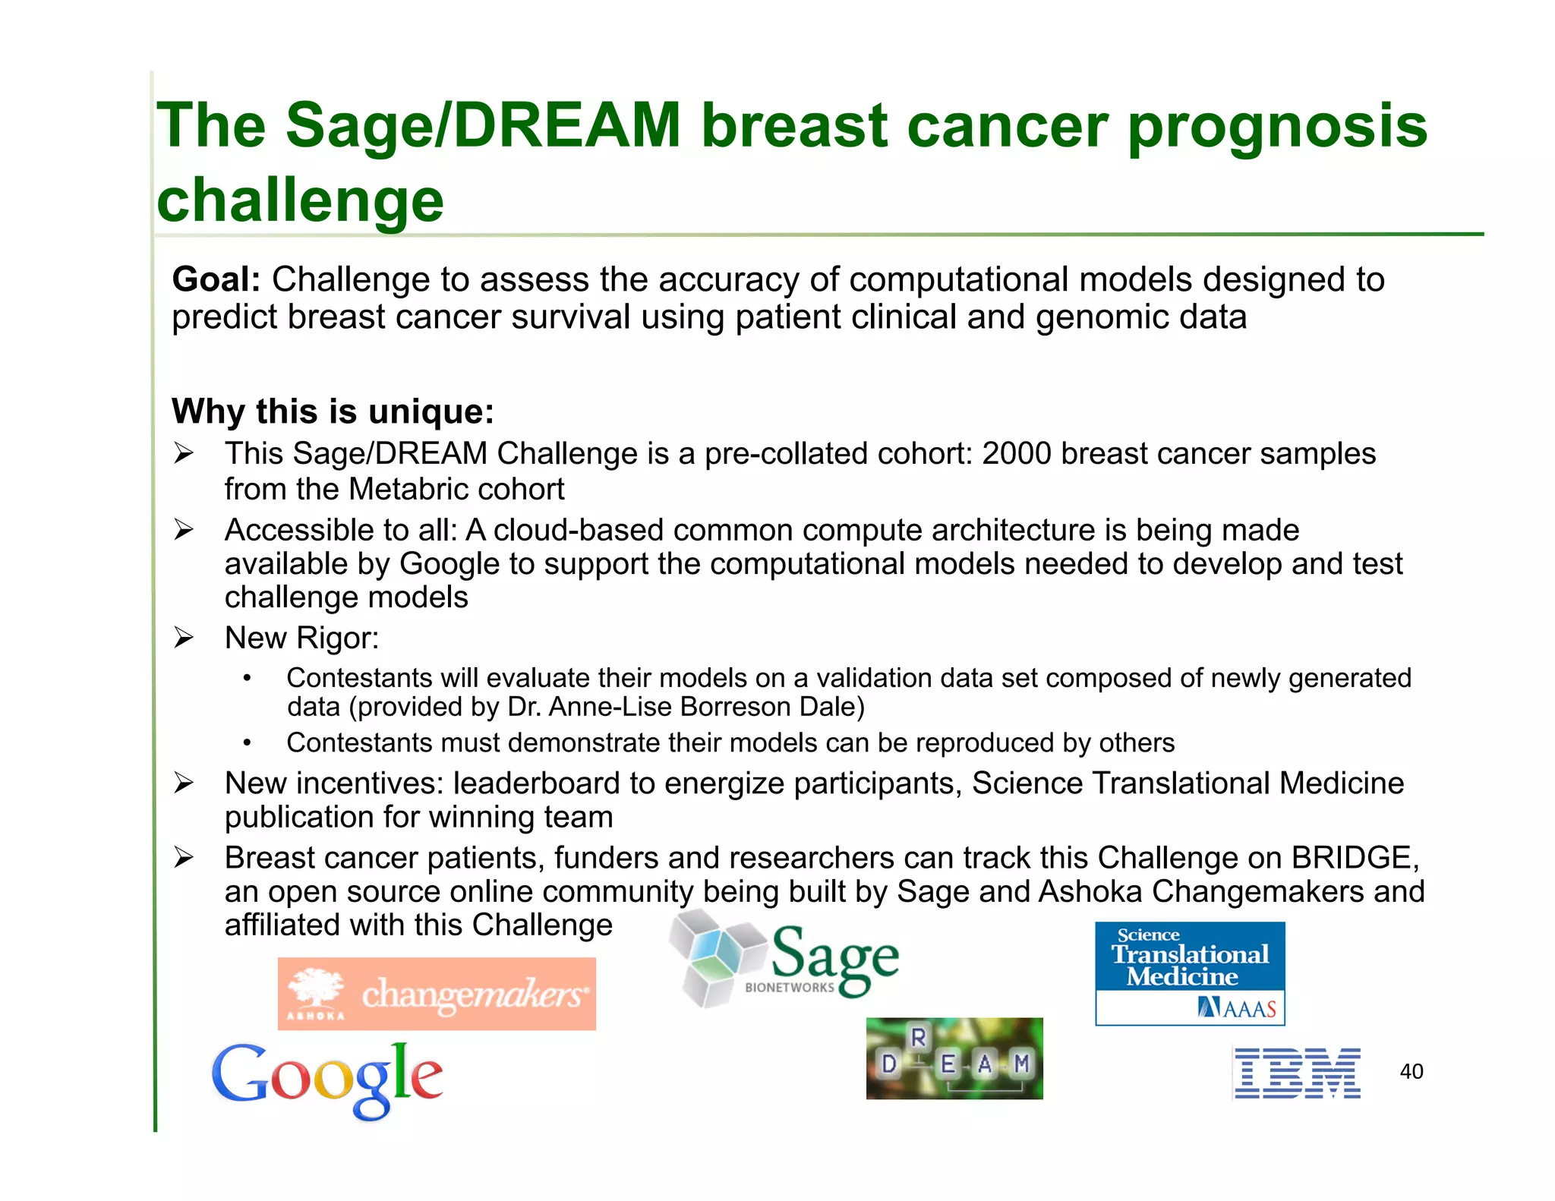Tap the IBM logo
click(1297, 1073)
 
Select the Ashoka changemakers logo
click(437, 993)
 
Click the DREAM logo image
click(954, 1058)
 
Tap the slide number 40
click(1411, 1071)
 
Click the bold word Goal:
click(216, 279)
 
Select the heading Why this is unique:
click(333, 411)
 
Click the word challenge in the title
click(300, 200)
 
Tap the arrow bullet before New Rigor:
click(183, 638)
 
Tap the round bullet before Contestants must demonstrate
click(247, 743)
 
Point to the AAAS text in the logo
click(1249, 1009)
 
